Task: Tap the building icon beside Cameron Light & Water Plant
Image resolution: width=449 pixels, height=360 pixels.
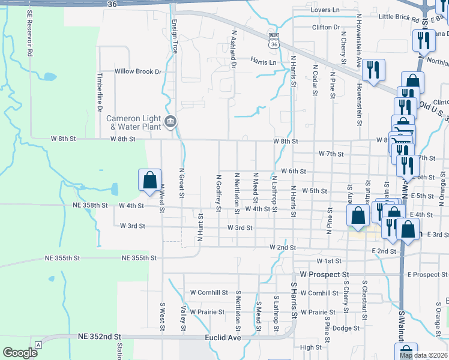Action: (x=170, y=122)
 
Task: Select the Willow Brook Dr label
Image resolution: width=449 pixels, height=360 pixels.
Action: (x=139, y=71)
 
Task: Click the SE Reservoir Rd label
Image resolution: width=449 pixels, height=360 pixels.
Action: (x=28, y=33)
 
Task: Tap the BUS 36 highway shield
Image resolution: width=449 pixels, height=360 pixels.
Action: (x=274, y=40)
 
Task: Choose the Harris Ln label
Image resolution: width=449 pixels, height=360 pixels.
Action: (x=264, y=62)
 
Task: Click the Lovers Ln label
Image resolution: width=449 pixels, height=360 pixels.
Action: (x=325, y=10)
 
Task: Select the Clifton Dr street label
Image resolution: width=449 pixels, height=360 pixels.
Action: (x=326, y=27)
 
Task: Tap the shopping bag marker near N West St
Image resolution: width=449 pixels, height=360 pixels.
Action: (x=149, y=179)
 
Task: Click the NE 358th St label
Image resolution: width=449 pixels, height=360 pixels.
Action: (x=88, y=205)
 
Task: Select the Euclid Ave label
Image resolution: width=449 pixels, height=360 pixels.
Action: (x=224, y=338)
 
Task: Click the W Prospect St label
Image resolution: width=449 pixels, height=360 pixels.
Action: (x=324, y=274)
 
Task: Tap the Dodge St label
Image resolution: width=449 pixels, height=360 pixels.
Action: (x=346, y=328)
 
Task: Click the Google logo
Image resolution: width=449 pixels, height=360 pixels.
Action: (x=20, y=353)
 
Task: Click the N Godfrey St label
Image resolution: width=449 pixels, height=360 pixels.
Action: (x=219, y=193)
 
